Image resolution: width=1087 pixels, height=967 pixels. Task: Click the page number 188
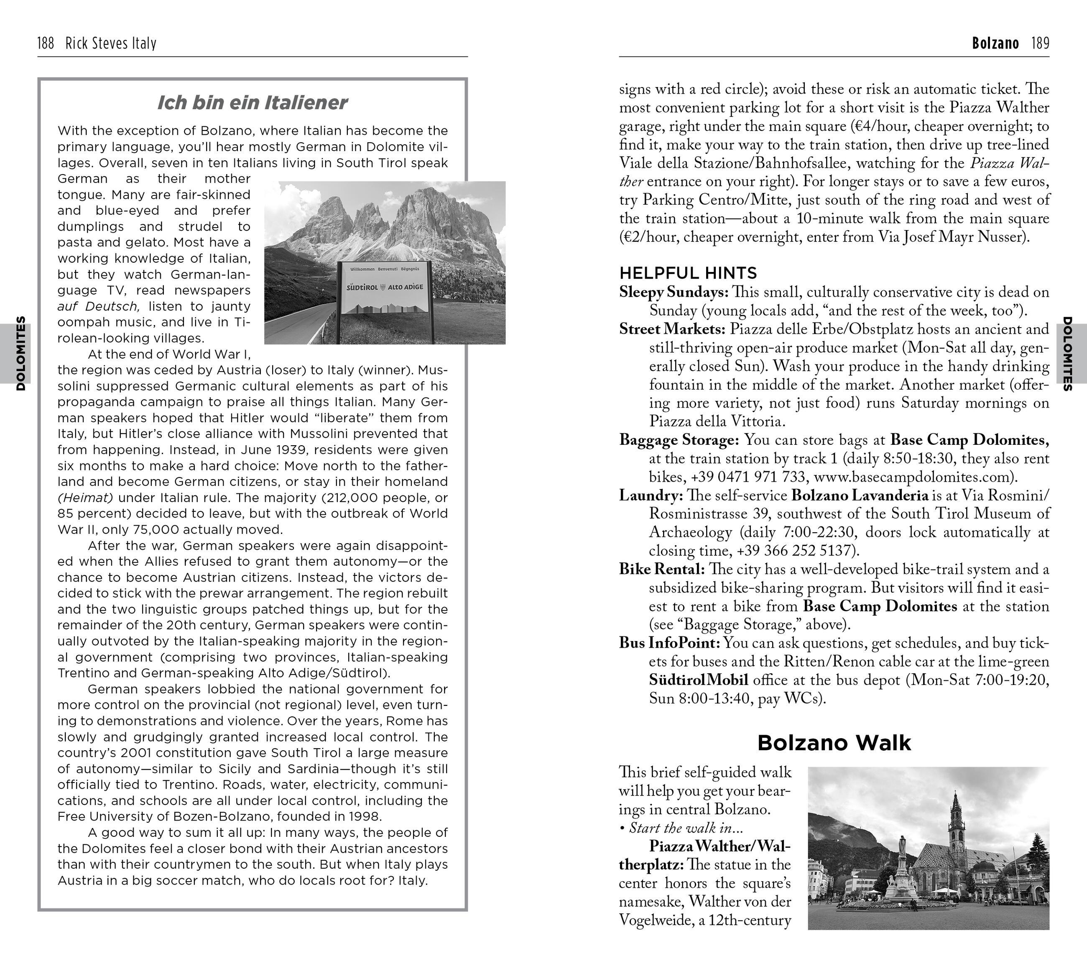pos(46,43)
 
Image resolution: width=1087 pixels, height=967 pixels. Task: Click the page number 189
pos(1040,43)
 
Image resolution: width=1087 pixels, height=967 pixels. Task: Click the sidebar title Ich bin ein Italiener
pos(252,102)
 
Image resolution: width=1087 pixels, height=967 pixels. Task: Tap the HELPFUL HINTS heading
pos(688,273)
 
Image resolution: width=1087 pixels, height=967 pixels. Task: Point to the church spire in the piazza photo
pos(956,814)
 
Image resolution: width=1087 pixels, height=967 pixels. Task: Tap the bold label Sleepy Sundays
pos(673,292)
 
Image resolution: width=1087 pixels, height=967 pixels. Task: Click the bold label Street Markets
pos(672,329)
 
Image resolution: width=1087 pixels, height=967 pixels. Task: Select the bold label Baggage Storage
pos(679,440)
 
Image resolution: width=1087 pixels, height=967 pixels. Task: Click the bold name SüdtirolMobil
pos(698,680)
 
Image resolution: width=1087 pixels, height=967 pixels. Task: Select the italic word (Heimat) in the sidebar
pos(86,498)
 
